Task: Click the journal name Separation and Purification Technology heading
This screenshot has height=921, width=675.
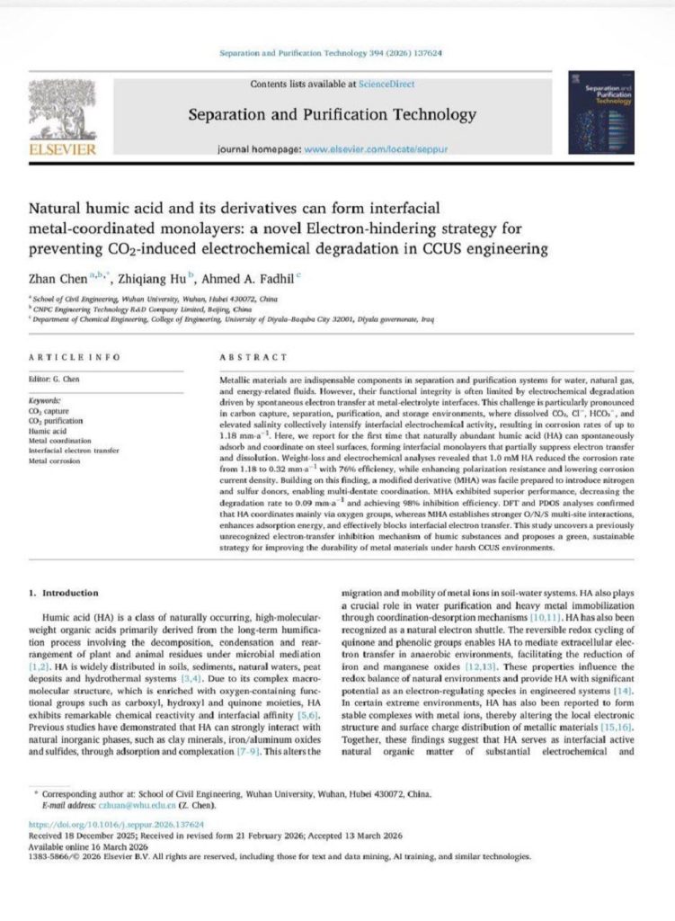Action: click(332, 114)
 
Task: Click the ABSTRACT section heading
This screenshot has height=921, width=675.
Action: click(250, 357)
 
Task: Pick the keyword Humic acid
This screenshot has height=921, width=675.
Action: click(48, 431)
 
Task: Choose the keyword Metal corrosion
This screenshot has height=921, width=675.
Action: click(56, 461)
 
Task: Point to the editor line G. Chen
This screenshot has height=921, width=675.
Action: click(54, 380)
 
